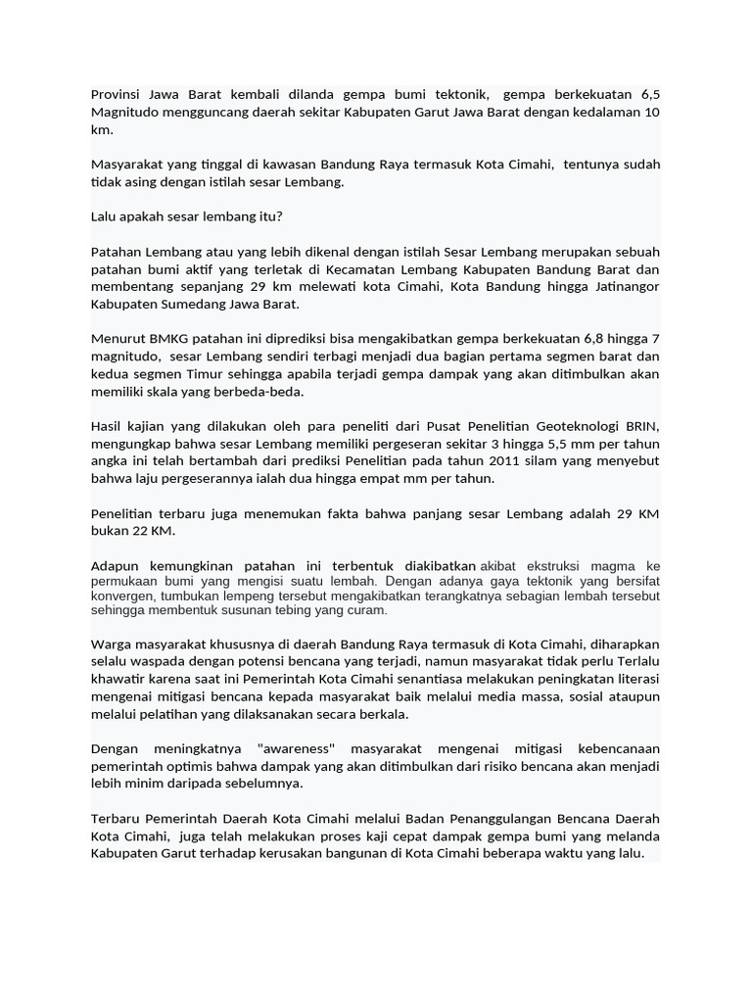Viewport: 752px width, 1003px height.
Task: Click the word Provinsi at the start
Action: click(117, 95)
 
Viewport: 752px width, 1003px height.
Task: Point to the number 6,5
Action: click(650, 95)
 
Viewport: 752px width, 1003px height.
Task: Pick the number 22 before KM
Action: click(136, 531)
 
